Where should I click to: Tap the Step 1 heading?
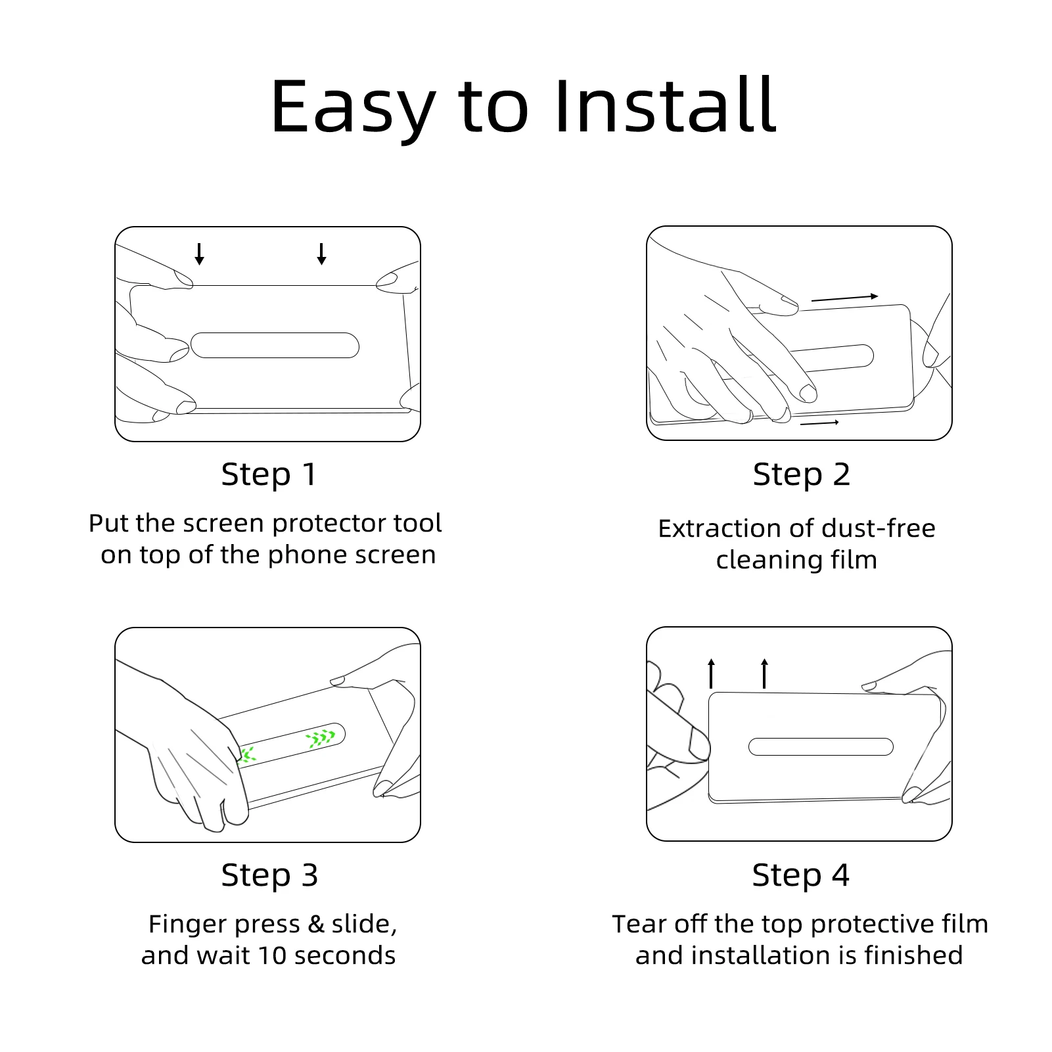coord(269,474)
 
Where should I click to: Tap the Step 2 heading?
coord(801,474)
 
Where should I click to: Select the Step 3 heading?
coord(269,875)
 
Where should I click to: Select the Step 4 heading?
coord(800,875)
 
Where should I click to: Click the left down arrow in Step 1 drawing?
coord(199,254)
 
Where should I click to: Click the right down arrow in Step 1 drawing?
coord(321,254)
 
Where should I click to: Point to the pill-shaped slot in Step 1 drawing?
coord(275,346)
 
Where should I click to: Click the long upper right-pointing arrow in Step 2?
coord(844,298)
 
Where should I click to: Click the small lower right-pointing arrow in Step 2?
coord(819,423)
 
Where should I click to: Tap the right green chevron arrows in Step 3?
coord(321,739)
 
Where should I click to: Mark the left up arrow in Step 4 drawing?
coord(711,673)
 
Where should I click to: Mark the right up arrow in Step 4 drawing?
coord(764,673)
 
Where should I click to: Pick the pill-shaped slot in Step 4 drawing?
coord(821,746)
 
